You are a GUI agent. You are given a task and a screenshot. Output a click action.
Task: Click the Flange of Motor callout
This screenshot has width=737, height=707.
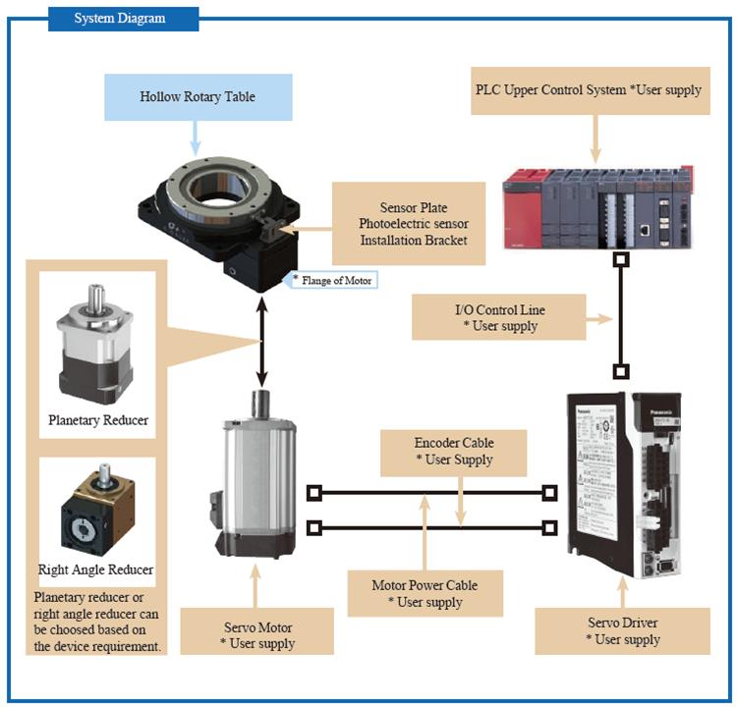tap(333, 280)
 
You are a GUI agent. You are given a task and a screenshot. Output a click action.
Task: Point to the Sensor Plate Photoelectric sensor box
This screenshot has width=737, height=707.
tap(409, 223)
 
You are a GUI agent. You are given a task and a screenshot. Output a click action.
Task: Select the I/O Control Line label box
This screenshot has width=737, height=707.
tap(499, 318)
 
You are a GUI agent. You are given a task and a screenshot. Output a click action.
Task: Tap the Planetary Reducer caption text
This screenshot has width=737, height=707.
tap(98, 420)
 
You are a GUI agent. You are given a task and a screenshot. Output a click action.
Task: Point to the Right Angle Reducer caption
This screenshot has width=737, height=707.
tap(95, 570)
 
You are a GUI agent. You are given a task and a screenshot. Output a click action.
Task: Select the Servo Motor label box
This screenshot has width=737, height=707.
tap(256, 635)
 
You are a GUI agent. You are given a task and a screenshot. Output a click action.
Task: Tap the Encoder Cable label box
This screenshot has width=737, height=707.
tap(454, 451)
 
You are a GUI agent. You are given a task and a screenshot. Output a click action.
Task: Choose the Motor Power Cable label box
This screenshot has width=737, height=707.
tap(425, 593)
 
